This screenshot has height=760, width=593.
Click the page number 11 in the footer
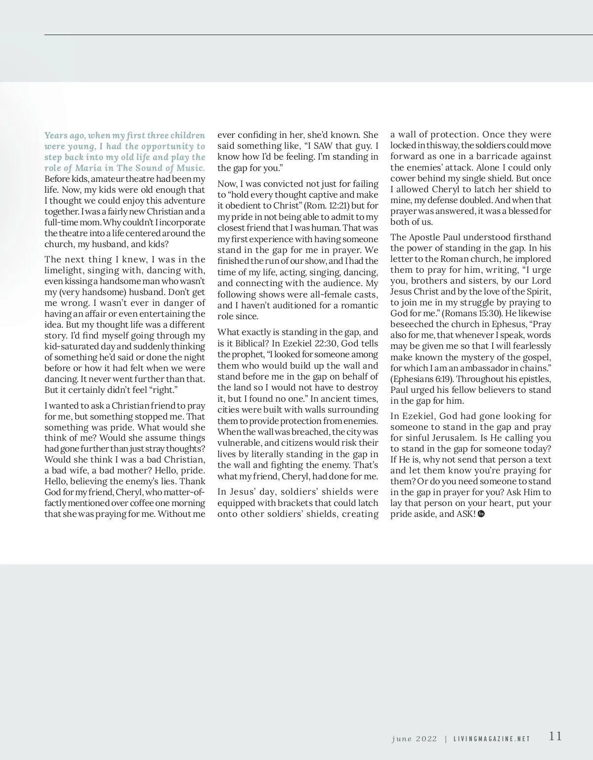(555, 736)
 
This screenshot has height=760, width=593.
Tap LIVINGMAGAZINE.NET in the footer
(492, 739)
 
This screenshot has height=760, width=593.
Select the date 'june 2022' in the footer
(414, 739)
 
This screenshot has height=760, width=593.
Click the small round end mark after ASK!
(482, 514)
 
